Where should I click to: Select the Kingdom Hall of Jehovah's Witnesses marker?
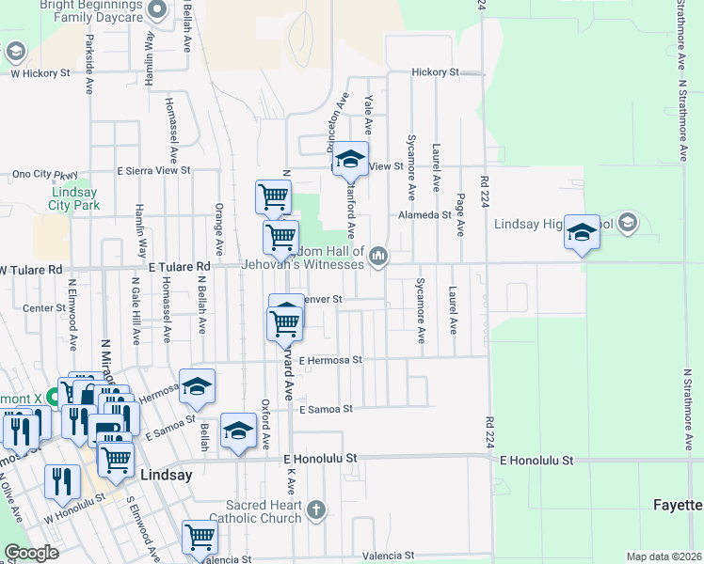click(x=378, y=256)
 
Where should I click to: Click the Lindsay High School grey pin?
click(x=629, y=224)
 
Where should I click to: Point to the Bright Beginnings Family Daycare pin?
click(x=157, y=9)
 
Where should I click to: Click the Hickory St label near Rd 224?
click(x=434, y=72)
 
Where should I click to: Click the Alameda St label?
click(x=425, y=215)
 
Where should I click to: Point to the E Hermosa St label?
click(x=330, y=360)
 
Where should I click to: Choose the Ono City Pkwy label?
click(x=44, y=174)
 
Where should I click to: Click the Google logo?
click(x=31, y=553)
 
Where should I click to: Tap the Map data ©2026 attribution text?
click(x=663, y=556)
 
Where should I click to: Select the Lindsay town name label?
click(x=166, y=476)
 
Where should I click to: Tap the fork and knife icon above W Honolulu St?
click(x=62, y=480)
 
